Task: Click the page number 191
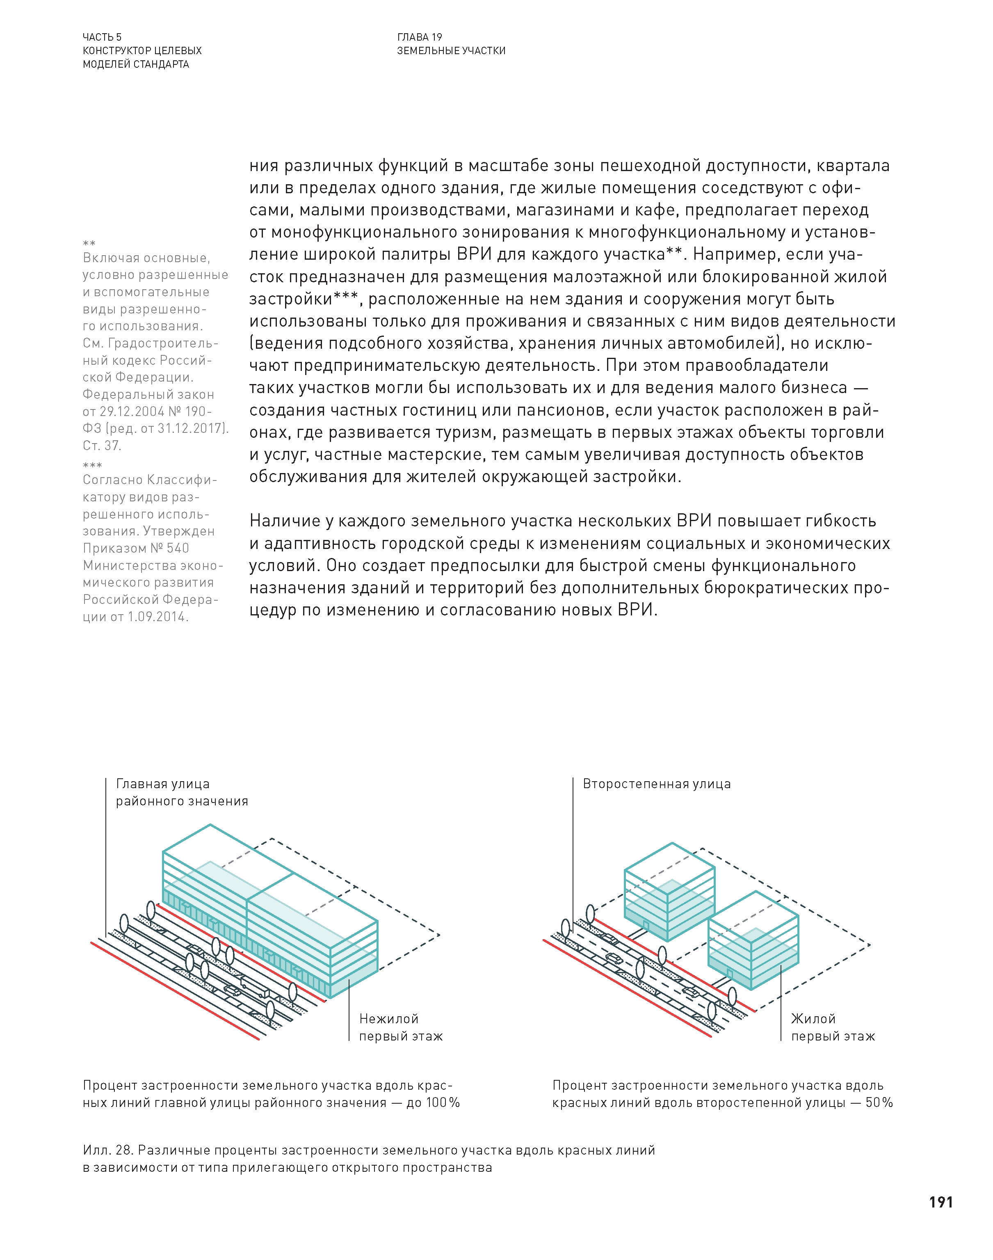[x=940, y=1202]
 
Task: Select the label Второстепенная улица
[x=656, y=784]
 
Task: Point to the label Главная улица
[x=163, y=784]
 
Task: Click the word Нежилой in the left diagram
[x=388, y=1019]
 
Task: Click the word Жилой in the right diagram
[x=813, y=1019]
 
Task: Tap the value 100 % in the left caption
[x=443, y=1103]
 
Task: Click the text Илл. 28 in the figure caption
[x=107, y=1150]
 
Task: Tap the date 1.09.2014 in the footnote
[x=157, y=617]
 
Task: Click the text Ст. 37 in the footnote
[x=102, y=446]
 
